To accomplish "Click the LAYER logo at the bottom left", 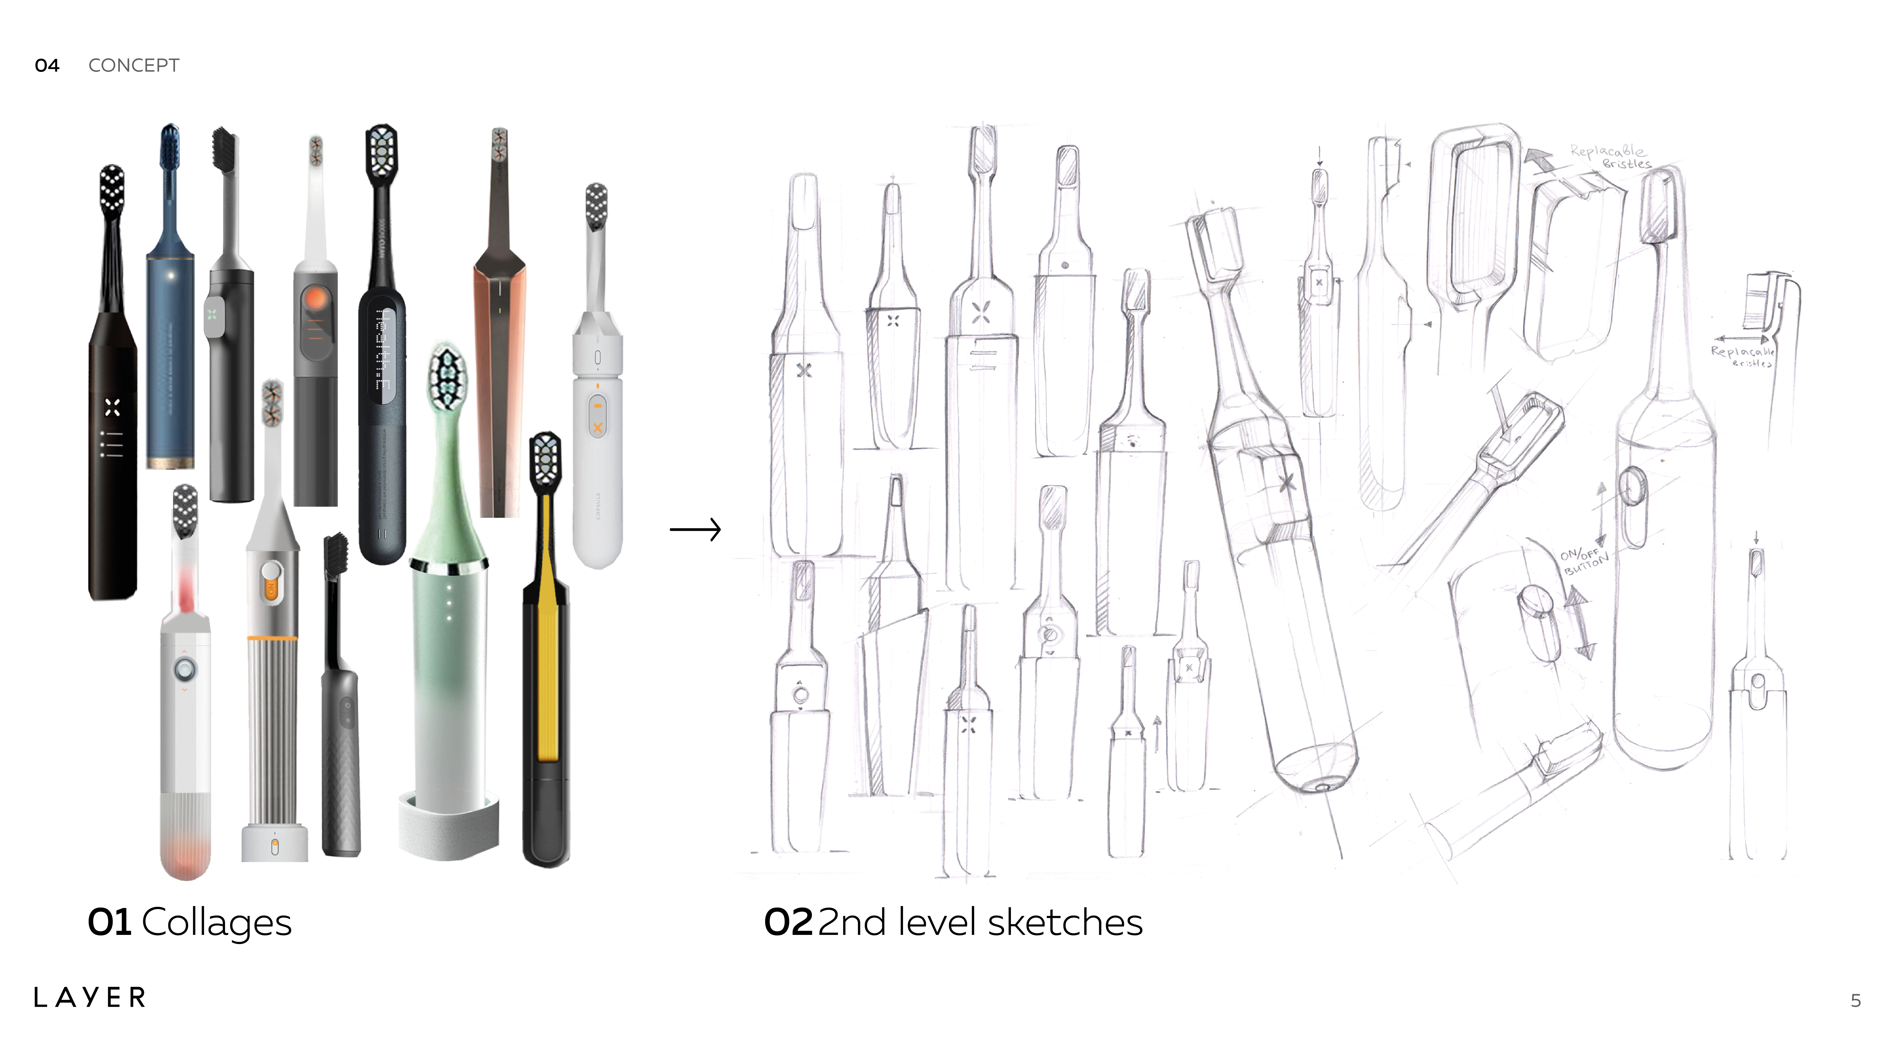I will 90,997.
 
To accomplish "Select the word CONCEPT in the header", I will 134,65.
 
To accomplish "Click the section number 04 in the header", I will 47,65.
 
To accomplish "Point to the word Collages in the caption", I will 217,922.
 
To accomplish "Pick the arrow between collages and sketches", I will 695,529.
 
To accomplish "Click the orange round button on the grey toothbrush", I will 316,300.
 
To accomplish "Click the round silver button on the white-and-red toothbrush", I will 183,669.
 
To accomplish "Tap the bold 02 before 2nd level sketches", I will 788,922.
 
